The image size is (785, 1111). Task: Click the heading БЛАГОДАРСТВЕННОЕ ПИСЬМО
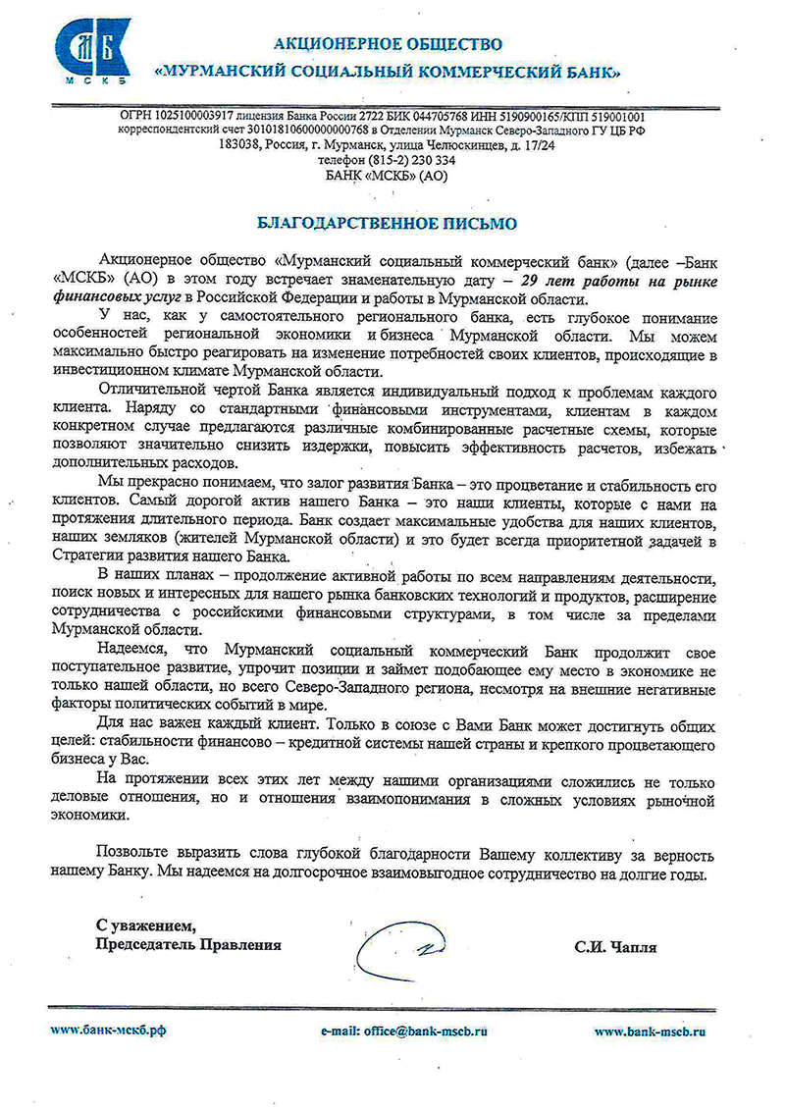click(x=387, y=223)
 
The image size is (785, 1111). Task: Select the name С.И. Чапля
click(x=615, y=947)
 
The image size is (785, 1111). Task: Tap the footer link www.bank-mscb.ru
click(x=651, y=1032)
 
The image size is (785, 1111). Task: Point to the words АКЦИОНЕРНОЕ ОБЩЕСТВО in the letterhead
click(x=387, y=43)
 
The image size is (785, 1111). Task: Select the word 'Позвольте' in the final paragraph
click(x=136, y=852)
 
